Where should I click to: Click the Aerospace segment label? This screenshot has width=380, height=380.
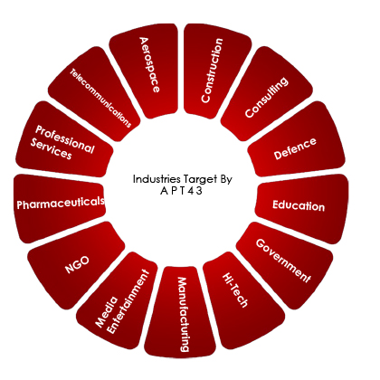pos(149,64)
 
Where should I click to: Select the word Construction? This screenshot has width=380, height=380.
pos(212,71)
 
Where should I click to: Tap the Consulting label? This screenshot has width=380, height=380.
pos(266,97)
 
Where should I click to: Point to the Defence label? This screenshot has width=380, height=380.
pos(295,148)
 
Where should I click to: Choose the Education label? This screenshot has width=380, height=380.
pos(299,205)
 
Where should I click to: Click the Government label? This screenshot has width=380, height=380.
pos(283,261)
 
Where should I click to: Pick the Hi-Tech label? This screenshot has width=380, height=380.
pos(235,290)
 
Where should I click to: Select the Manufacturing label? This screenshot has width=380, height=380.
pos(184,315)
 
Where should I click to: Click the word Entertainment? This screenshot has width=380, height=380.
pos(128,301)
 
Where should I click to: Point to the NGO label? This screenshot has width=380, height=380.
pos(77,264)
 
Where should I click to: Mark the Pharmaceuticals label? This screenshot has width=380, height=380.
pos(61,203)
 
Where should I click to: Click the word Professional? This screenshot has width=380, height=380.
pos(65,139)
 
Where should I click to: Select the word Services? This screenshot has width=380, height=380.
pos(51,148)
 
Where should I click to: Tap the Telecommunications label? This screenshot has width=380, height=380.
pos(100,99)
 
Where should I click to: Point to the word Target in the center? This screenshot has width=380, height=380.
pos(200,180)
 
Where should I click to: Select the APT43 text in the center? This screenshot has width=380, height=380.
pos(181,191)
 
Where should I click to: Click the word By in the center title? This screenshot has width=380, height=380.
pos(226,180)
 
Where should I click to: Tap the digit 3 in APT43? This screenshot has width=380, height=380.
pos(199,191)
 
